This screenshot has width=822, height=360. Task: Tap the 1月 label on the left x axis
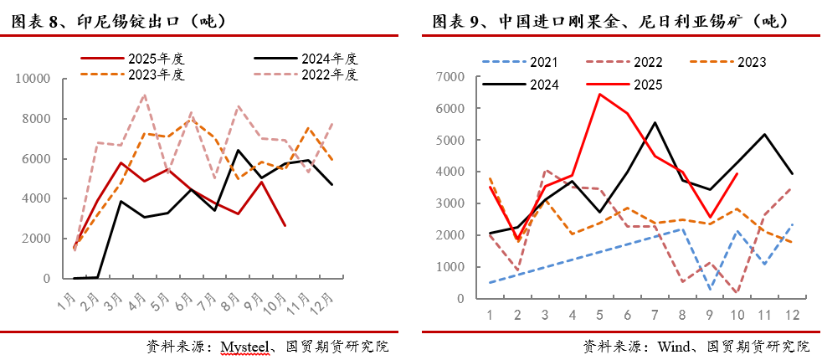pyautogui.click(x=68, y=298)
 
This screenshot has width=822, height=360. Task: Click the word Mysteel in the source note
pyautogui.click(x=244, y=346)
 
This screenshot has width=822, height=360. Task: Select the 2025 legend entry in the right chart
pyautogui.click(x=648, y=84)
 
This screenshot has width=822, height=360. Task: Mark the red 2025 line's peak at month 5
pyautogui.click(x=599, y=94)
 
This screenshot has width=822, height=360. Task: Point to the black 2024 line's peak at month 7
pyautogui.click(x=655, y=122)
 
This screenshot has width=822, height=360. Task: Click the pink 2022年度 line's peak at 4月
pyautogui.click(x=144, y=95)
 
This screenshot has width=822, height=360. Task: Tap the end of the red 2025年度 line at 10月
pyautogui.click(x=285, y=225)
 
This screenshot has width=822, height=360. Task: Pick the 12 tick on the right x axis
pyautogui.click(x=791, y=314)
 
